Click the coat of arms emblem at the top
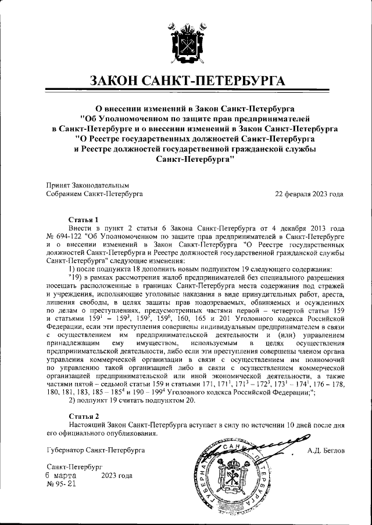click(x=186, y=41)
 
